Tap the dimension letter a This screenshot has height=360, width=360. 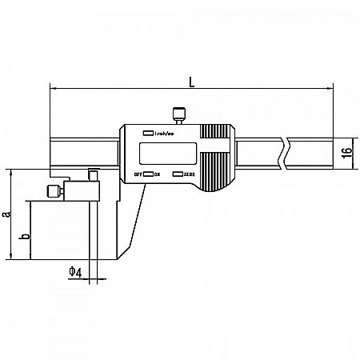pyautogui.click(x=6, y=214)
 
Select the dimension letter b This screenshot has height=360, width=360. pyautogui.click(x=23, y=237)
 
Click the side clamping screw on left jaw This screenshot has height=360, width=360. pyautogui.click(x=52, y=191)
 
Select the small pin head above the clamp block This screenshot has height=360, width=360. pyautogui.click(x=94, y=174)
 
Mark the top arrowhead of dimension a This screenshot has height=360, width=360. pyautogui.click(x=10, y=172)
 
